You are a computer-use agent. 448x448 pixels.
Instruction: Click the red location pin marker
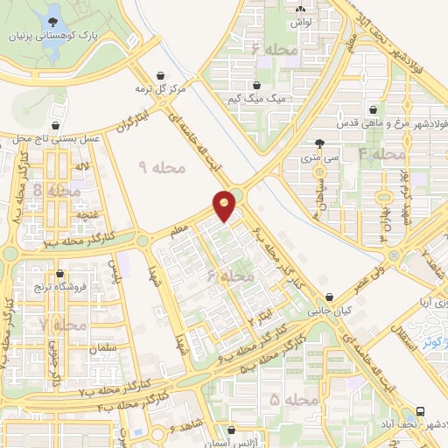pos(225,205)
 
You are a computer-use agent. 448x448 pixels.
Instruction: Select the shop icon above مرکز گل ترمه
pos(158,76)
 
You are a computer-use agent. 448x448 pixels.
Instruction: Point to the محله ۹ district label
pos(163,166)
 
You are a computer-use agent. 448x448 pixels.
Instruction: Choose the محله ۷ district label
pos(63,325)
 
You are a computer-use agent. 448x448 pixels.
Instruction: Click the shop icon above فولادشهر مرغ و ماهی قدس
pos(374,111)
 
